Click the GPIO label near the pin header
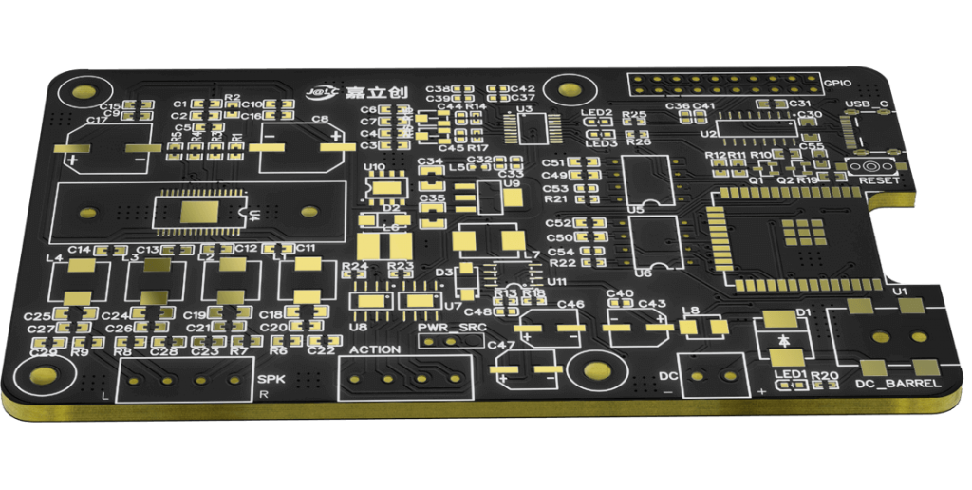click(837, 83)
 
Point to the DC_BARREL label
click(897, 384)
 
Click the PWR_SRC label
click(451, 329)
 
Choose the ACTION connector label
click(375, 350)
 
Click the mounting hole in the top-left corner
click(76, 92)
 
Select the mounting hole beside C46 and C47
click(597, 372)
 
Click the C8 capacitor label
click(319, 120)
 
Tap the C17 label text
click(97, 122)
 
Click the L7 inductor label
click(530, 255)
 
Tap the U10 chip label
click(374, 167)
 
